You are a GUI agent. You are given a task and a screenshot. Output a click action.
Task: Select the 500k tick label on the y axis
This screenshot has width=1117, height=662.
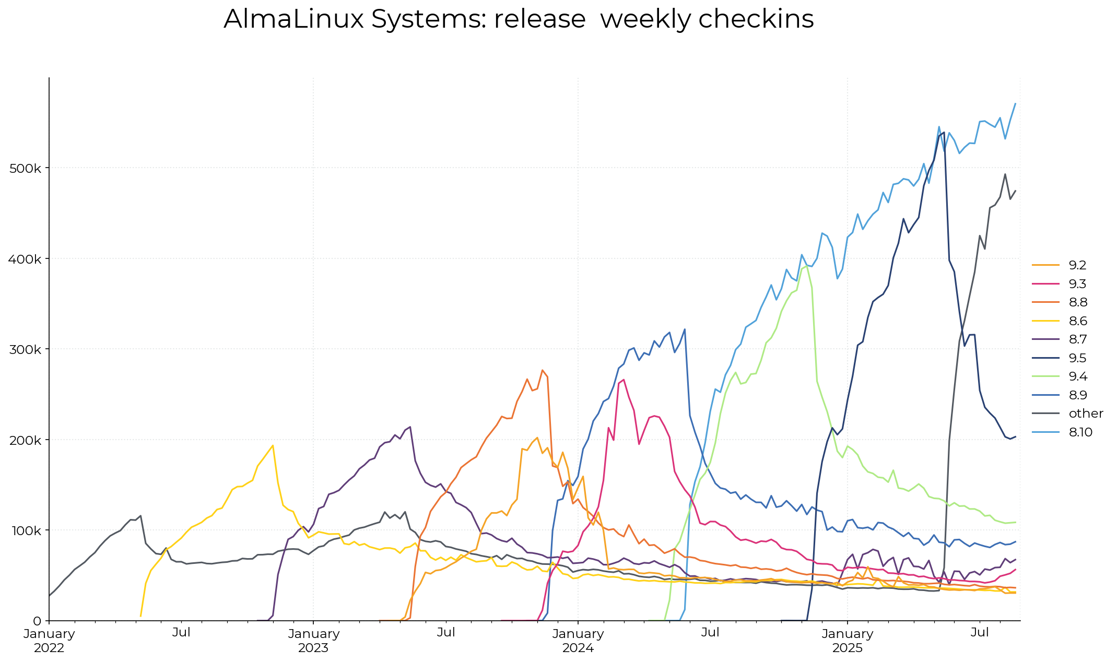tap(26, 168)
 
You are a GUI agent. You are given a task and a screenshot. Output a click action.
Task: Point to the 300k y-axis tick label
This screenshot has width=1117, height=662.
tap(26, 349)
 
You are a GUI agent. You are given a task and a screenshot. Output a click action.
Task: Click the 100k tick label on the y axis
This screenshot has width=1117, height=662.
tap(26, 530)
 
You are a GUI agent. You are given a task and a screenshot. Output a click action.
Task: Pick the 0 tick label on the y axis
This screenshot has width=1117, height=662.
tap(37, 621)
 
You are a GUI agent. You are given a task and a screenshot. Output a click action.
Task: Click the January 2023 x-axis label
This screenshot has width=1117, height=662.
tap(313, 641)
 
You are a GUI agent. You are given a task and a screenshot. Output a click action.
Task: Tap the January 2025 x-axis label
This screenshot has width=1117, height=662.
tap(848, 641)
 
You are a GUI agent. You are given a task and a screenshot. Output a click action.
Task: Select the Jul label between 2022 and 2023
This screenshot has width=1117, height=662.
tap(181, 633)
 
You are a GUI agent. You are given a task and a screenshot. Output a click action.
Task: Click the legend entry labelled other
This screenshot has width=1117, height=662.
tap(1086, 413)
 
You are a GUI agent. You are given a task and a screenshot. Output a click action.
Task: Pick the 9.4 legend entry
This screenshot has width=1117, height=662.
tap(1078, 376)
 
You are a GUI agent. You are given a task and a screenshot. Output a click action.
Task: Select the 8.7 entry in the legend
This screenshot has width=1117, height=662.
tap(1078, 339)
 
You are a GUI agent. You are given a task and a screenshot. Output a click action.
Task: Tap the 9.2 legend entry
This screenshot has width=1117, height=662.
tap(1077, 265)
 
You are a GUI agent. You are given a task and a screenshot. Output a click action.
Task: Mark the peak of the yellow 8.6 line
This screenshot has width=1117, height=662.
tap(273, 445)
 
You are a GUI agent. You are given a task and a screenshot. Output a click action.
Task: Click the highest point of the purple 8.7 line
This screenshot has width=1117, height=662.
tap(410, 427)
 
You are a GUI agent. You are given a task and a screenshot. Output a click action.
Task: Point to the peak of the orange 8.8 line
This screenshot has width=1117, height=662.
tap(543, 370)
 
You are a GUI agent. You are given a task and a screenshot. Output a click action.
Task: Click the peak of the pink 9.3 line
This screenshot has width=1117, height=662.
tap(624, 380)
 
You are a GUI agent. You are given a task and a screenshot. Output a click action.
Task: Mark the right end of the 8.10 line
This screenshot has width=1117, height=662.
tap(1015, 103)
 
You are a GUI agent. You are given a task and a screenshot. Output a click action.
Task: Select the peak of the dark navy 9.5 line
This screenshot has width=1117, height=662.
tap(944, 133)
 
